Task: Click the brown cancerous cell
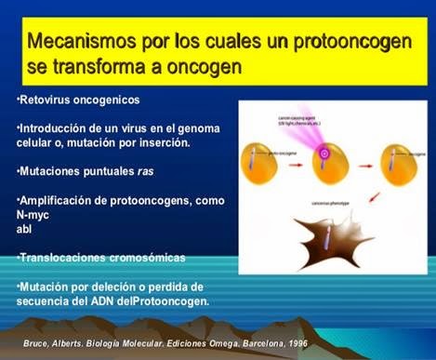point(297,238)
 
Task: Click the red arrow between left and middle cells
point(293,159)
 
